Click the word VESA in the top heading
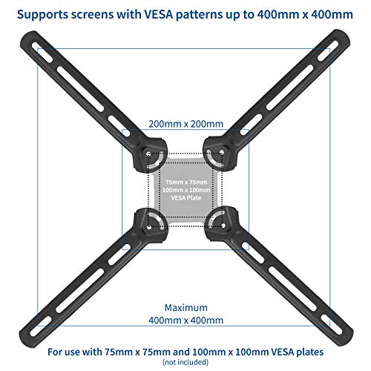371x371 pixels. click(158, 14)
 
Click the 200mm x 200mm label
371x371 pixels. click(185, 124)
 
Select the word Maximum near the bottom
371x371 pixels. click(186, 308)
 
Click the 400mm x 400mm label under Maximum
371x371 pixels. click(185, 321)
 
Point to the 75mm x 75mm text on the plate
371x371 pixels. click(186, 182)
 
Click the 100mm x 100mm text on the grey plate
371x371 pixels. click(186, 190)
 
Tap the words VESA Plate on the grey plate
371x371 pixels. click(186, 198)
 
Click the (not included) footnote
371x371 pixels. click(185, 362)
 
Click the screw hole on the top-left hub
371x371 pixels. click(148, 154)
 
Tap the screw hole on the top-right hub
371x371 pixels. click(222, 152)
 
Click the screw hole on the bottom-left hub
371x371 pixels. click(149, 227)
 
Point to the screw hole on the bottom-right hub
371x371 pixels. click(223, 226)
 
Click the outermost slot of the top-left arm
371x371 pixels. click(42, 52)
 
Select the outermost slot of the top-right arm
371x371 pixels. click(328, 51)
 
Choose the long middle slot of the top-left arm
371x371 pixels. click(80, 89)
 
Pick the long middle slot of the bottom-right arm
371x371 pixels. click(292, 289)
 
